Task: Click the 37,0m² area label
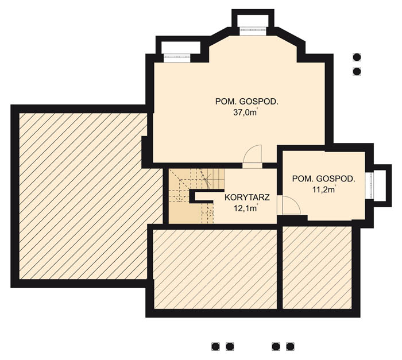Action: point(245,113)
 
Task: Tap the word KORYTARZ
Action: point(247,198)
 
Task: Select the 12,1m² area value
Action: point(246,208)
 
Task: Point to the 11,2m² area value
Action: point(324,189)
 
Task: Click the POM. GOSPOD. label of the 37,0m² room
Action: point(246,102)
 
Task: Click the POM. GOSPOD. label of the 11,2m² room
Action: point(324,179)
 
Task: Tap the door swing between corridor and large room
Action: point(252,154)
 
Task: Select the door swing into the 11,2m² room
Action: point(291,205)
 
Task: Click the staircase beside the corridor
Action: point(196,196)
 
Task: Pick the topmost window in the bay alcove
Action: point(253,30)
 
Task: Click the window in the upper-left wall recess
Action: point(177,57)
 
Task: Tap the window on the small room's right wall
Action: point(370,185)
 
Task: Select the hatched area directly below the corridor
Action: point(215,269)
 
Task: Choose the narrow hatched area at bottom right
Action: point(317,268)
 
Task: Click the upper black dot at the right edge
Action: point(357,57)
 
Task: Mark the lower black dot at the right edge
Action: point(357,71)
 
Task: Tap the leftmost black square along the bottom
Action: point(215,347)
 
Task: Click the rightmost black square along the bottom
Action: point(290,347)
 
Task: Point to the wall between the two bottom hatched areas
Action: point(280,268)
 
